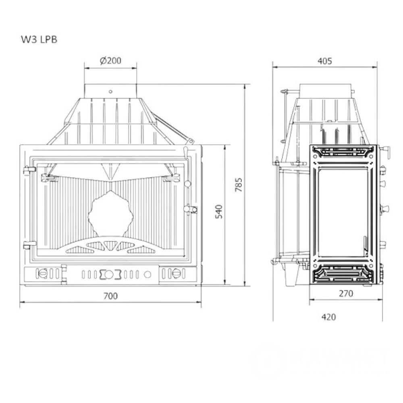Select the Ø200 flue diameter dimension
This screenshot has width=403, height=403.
110,61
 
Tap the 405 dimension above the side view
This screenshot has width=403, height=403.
325,61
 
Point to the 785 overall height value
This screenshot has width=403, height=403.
239,185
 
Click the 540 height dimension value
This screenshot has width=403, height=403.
219,212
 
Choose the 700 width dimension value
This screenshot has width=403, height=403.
110,296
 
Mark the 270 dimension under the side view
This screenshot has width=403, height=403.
345,293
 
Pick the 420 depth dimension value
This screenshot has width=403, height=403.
329,317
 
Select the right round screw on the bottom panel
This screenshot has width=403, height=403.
177,274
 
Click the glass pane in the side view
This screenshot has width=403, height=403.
343,212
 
